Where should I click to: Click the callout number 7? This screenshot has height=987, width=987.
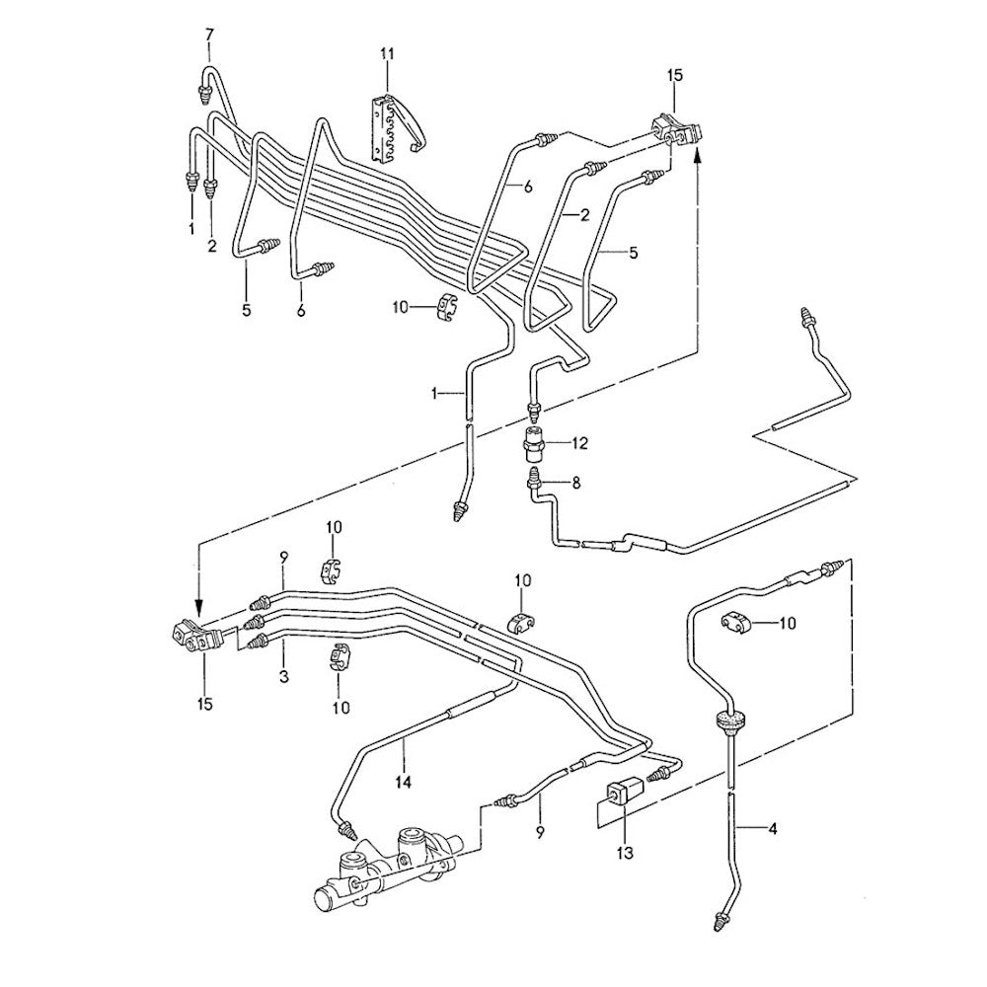tap(208, 37)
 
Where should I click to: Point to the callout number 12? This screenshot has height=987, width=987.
tap(578, 444)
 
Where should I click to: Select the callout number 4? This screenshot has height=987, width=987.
tap(773, 829)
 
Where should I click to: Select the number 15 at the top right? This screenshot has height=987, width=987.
tap(674, 74)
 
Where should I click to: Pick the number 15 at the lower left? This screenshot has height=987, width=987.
tap(205, 704)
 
